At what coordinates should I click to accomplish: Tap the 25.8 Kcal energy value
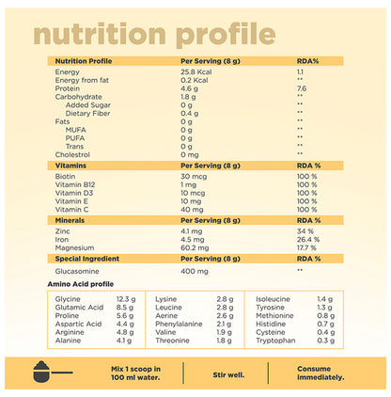tap(198, 71)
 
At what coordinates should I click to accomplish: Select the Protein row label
tap(68, 87)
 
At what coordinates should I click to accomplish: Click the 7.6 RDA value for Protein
tap(301, 87)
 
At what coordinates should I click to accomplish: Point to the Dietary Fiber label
tap(86, 112)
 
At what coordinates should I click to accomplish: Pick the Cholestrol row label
tap(73, 153)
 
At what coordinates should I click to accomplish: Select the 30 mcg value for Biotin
tap(193, 176)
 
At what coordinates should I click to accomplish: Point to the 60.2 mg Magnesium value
tap(195, 246)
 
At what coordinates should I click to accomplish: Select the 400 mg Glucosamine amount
tap(195, 269)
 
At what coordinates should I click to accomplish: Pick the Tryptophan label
tap(273, 340)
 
